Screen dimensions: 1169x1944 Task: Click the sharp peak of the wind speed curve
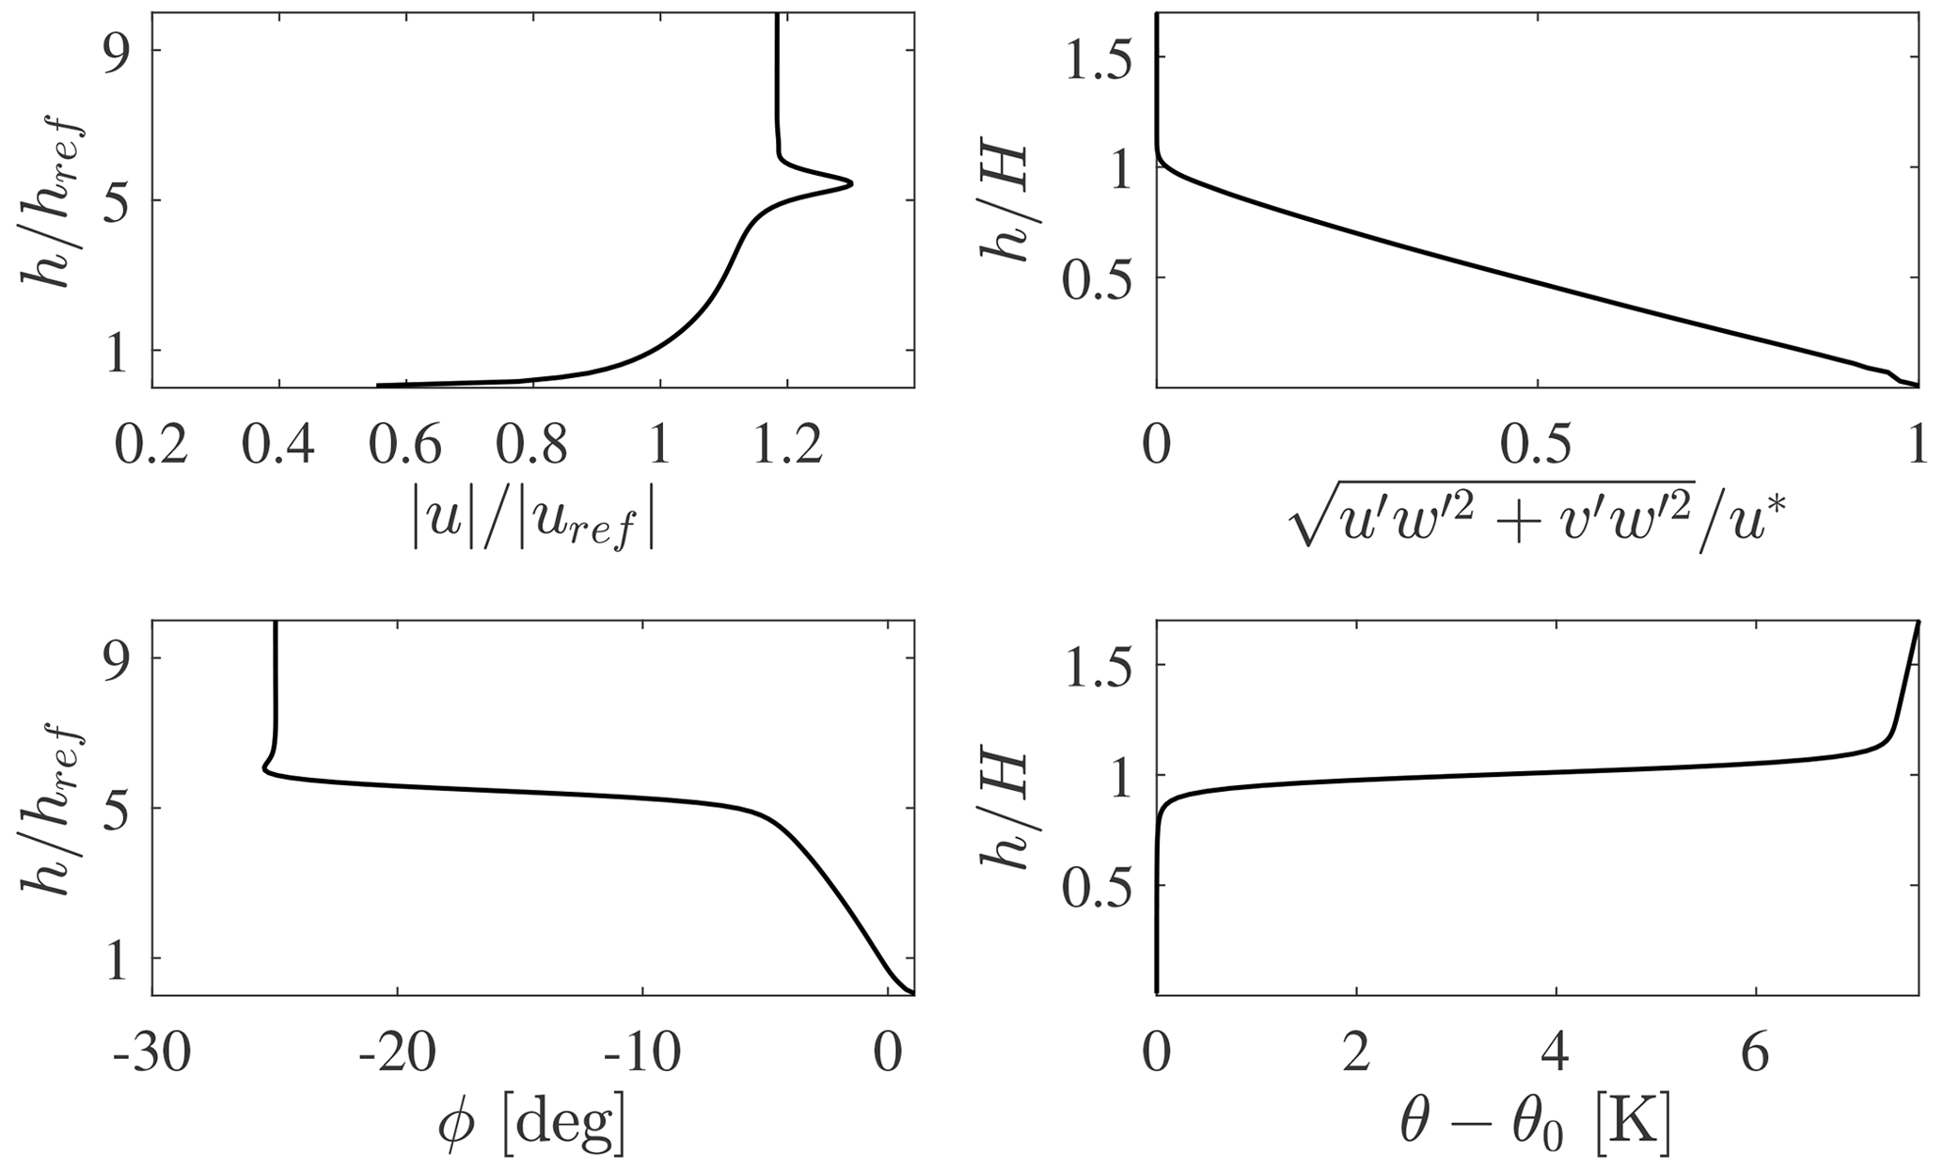pyautogui.click(x=851, y=183)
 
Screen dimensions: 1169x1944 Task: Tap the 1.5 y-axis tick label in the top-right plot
pyautogui.click(x=1099, y=57)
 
